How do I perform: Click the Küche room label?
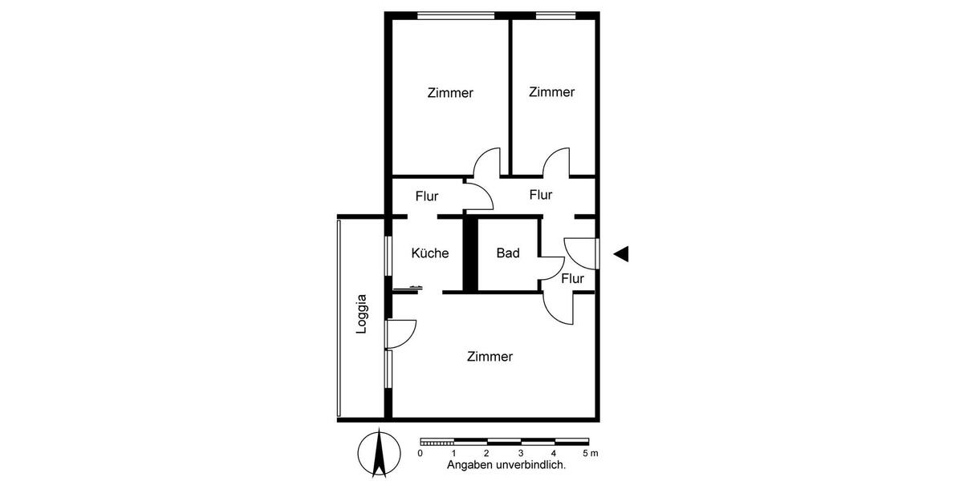pos(429,253)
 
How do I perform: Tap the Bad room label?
pos(507,253)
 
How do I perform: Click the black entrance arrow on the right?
pos(620,254)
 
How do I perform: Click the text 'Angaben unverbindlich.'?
pos(506,465)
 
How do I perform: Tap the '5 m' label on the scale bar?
pos(590,454)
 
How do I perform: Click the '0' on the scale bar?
pos(420,454)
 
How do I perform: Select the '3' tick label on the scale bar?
pos(520,454)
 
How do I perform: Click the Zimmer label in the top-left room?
pos(450,93)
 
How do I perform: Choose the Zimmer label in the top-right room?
pos(551,92)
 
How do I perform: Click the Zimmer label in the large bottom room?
pos(490,357)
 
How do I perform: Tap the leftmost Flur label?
pos(427,196)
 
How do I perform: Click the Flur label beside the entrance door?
pos(572,279)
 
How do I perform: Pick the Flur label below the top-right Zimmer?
pos(541,195)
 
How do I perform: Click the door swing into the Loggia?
pos(403,332)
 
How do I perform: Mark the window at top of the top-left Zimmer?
pos(455,14)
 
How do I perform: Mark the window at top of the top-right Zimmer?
pos(555,14)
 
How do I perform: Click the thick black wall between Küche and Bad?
pos(471,255)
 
